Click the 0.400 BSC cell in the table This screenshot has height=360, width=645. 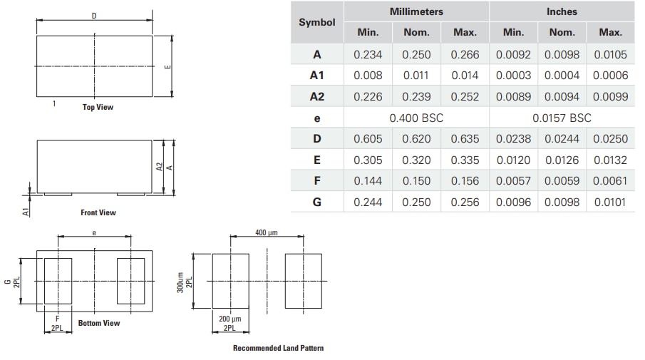(x=416, y=118)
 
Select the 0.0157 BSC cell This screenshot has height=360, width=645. (x=562, y=118)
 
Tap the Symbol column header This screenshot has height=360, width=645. (x=317, y=22)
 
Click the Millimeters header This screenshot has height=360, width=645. (x=416, y=11)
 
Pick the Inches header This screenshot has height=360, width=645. (x=562, y=11)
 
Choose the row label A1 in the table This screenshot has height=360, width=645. (x=317, y=76)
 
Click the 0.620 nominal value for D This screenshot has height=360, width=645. (x=416, y=139)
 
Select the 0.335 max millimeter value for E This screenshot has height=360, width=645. (x=465, y=160)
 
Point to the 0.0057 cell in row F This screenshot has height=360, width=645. (x=513, y=181)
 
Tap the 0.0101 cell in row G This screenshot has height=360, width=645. (x=610, y=202)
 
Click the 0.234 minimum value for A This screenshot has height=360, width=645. (x=368, y=54)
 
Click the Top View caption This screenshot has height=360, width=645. (x=98, y=108)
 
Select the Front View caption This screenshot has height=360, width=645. (x=98, y=212)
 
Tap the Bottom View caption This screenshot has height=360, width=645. (x=99, y=323)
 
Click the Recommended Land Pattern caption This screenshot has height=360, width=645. (x=278, y=348)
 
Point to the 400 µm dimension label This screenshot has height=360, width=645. (x=267, y=232)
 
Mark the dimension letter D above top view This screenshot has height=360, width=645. (x=94, y=16)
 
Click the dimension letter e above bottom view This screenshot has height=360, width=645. (x=94, y=232)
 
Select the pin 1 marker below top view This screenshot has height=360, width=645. (x=54, y=104)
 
